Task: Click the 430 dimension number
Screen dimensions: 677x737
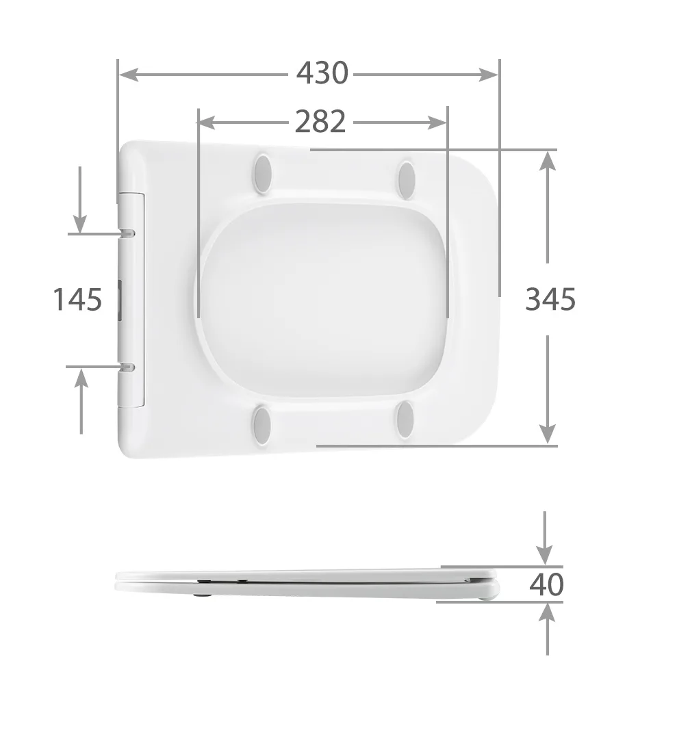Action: point(322,73)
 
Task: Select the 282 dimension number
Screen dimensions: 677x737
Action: point(320,121)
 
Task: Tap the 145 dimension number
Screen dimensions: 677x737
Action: point(77,300)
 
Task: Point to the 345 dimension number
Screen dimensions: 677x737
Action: point(550,299)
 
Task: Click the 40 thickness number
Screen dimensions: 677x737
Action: point(546,584)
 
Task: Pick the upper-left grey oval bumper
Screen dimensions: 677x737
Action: point(263,173)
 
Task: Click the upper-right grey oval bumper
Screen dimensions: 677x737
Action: point(406,179)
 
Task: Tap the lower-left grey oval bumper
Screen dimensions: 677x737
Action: point(262,423)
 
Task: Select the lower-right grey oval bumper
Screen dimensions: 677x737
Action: point(405,419)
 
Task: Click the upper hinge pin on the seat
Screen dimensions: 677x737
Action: point(127,233)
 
